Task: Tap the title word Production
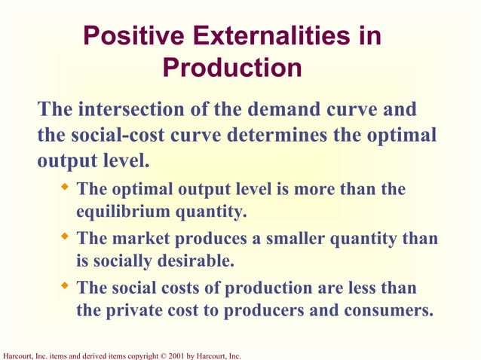point(232,69)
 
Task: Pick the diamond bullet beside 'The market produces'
point(65,237)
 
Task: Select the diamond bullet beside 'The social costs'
point(65,286)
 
